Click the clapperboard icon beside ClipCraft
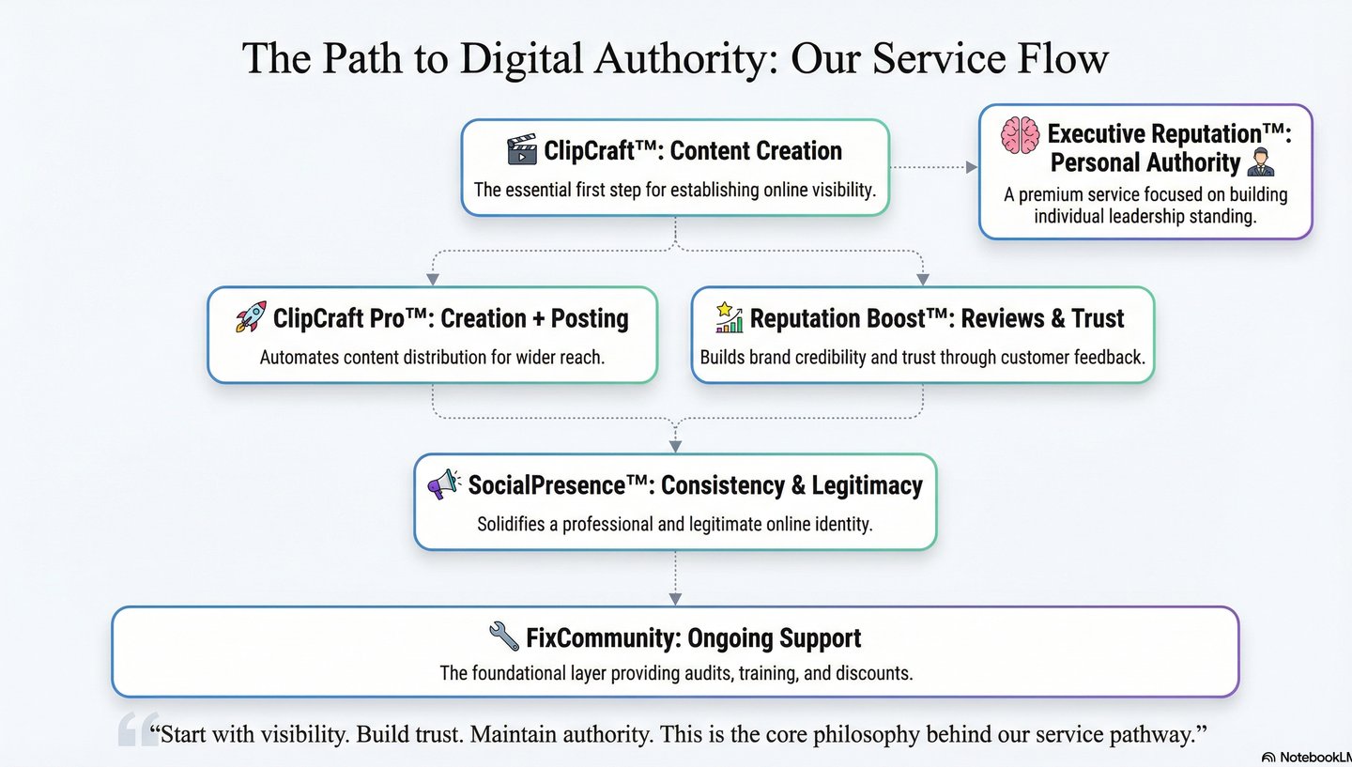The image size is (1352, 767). click(x=521, y=150)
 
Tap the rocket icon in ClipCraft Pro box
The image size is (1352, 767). click(x=251, y=317)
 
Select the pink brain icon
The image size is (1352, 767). click(x=1020, y=136)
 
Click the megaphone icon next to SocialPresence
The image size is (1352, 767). click(x=443, y=484)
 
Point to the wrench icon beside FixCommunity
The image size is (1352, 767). click(x=504, y=637)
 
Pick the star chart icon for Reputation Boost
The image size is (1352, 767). click(x=729, y=317)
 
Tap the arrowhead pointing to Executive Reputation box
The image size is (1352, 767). click(x=971, y=167)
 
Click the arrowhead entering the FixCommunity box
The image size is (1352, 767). click(x=675, y=598)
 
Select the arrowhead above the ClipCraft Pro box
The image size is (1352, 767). click(x=432, y=279)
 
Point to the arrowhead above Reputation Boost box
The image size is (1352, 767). click(x=922, y=279)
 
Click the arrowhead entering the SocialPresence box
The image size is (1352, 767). click(x=675, y=446)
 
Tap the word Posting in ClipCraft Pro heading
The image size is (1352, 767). click(x=590, y=318)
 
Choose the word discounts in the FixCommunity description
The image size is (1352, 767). click(x=875, y=673)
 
